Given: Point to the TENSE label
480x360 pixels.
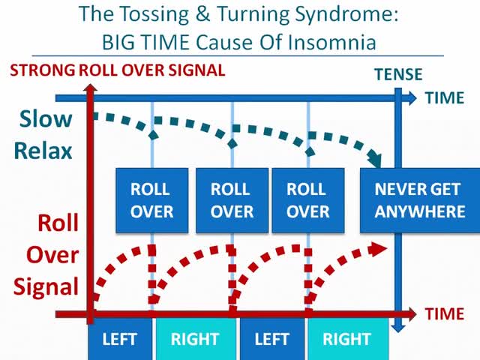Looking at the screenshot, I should (398, 74).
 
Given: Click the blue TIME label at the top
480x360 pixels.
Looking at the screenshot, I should (445, 97).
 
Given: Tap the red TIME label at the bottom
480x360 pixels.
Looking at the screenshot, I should (445, 313).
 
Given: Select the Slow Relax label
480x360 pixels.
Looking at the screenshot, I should (46, 134).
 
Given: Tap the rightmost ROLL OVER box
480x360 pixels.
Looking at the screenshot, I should (307, 200).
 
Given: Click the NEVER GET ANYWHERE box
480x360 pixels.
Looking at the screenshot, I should (420, 200).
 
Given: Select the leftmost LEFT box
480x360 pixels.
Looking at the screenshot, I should (121, 340).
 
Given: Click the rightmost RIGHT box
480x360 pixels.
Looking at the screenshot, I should (348, 340).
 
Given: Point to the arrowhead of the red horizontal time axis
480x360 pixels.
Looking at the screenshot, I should (414, 313).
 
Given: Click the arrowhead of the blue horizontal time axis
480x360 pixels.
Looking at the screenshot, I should (415, 97).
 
